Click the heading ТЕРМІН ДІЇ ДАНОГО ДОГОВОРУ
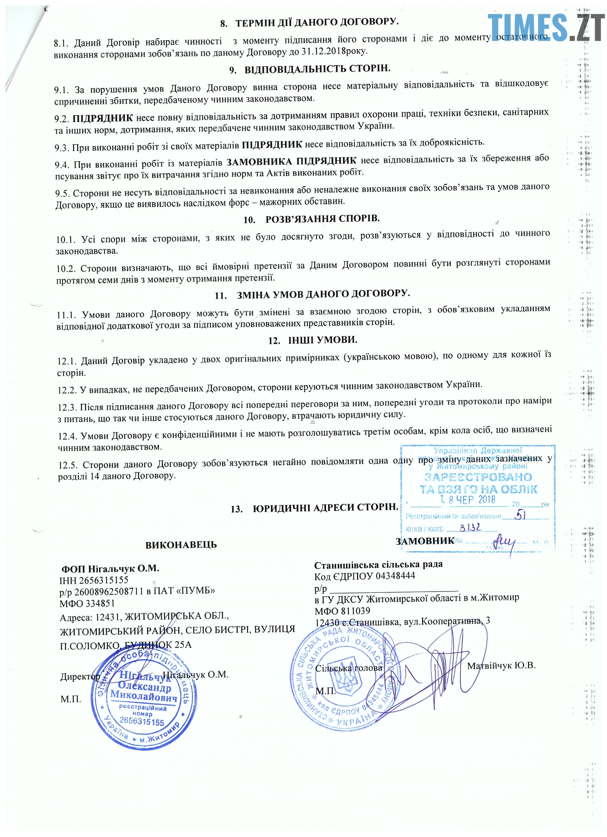317,22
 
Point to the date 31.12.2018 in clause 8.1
323,51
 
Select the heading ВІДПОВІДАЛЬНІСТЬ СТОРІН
317,69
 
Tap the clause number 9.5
63,194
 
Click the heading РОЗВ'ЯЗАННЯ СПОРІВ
322,219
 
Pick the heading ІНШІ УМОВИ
322,340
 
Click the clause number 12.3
67,407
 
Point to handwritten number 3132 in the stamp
470,527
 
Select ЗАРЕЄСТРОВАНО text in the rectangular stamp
478,477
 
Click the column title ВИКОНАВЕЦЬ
181,545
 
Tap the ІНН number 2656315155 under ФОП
103,580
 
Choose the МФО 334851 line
87,603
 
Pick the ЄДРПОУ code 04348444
395,576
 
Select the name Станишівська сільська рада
378,565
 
